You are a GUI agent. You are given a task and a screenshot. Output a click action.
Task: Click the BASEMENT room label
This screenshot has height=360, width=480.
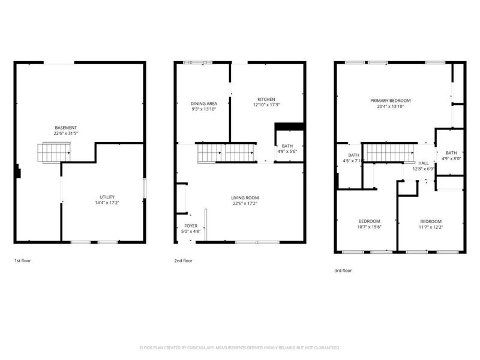66,127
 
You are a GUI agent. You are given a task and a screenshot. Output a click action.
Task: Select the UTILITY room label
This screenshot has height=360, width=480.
107,197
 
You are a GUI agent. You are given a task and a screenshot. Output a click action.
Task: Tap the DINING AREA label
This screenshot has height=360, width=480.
203,103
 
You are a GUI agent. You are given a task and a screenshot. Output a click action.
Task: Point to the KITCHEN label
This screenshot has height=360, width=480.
266,99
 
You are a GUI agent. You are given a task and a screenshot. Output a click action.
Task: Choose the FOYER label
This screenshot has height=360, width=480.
191,227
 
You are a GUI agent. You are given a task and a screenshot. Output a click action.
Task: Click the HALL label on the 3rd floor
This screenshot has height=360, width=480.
424,163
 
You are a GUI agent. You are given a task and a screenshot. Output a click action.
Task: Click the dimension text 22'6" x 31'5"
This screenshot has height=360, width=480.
66,133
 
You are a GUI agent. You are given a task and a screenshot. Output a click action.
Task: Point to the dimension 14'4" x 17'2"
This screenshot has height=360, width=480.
107,203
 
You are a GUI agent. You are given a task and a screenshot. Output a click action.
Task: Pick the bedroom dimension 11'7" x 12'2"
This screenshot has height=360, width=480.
431,227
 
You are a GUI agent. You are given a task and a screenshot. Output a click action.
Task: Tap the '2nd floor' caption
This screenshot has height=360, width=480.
184,261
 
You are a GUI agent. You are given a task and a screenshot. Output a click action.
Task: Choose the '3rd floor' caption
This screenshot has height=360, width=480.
343,271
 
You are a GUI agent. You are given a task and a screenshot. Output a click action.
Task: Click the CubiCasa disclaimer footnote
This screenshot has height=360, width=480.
239,347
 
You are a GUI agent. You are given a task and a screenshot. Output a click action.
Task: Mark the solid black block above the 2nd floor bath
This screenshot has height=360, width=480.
287,126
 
